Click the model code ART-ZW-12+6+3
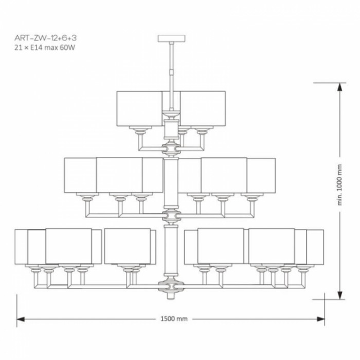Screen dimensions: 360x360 click(45, 38)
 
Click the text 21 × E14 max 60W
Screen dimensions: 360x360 click(45, 48)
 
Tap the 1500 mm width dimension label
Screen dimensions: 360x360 click(174, 319)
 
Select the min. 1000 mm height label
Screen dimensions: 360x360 click(340, 185)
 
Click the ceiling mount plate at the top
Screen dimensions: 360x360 click(171, 39)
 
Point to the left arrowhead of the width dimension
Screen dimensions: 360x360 click(21, 319)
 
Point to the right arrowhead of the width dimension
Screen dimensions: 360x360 click(321, 319)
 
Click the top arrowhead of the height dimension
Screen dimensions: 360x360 click(340, 87)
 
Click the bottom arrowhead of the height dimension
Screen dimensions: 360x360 click(340, 295)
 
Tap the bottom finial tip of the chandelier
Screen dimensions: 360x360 click(171, 296)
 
